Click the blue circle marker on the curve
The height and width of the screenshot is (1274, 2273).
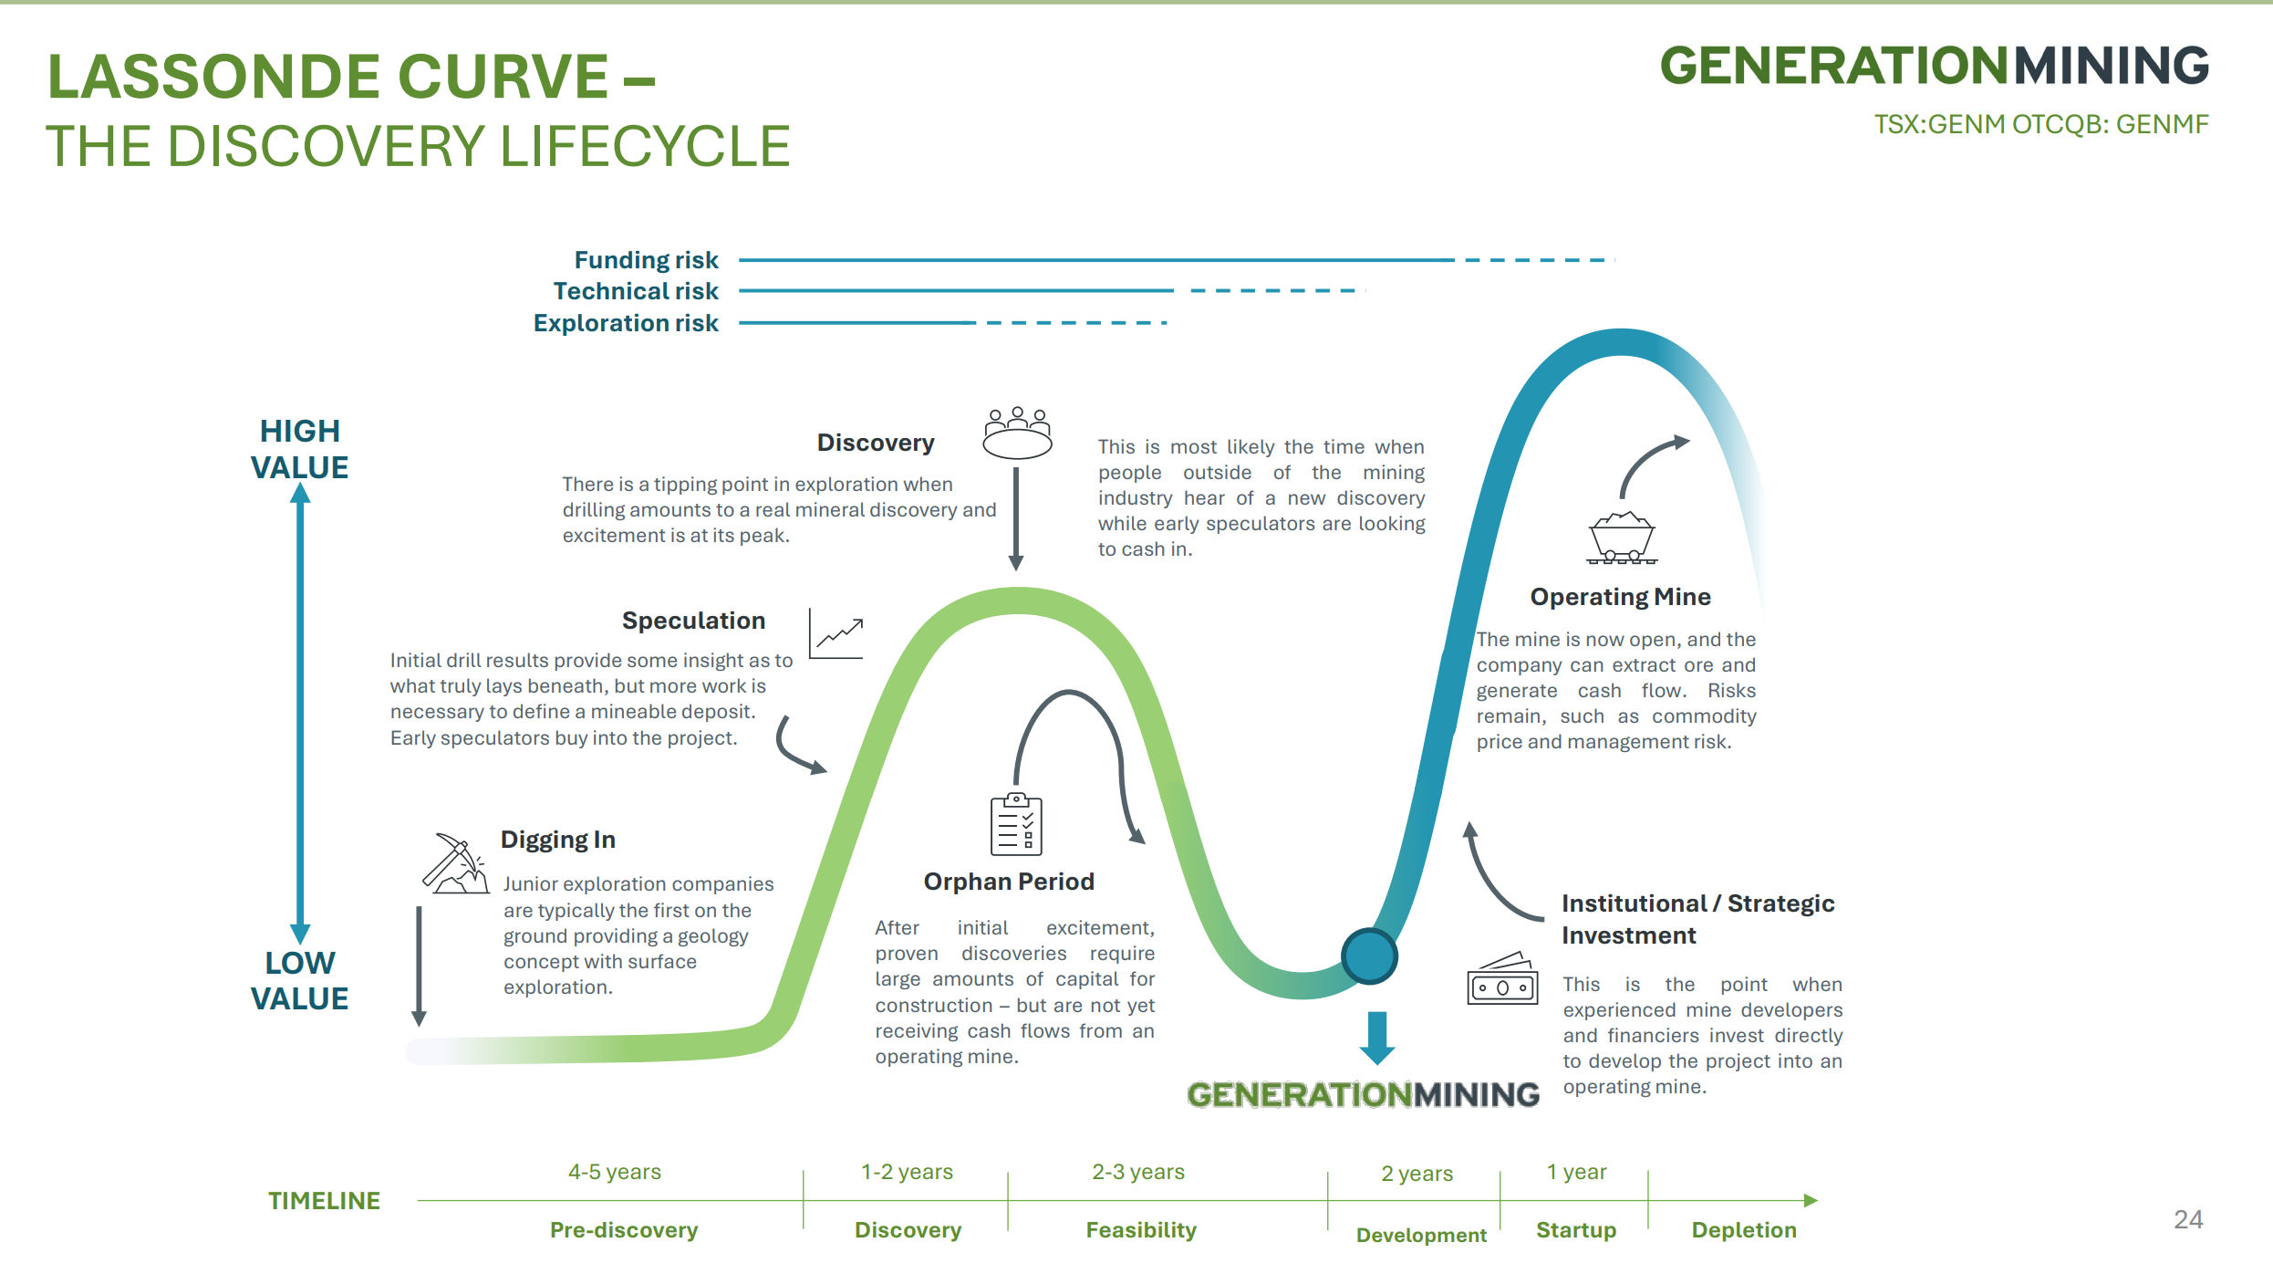[x=1369, y=956]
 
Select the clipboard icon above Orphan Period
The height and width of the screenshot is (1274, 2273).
[x=1016, y=824]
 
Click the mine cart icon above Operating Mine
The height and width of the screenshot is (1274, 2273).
[x=1622, y=538]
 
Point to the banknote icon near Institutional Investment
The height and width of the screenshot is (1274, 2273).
[x=1502, y=979]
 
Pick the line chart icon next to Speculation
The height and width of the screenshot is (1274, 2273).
[x=836, y=633]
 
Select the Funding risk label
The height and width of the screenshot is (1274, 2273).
[x=646, y=260]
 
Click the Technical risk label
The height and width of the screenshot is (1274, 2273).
[x=636, y=291]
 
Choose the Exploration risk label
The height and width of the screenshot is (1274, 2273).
[x=626, y=323]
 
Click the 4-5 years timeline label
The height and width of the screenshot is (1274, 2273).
[x=615, y=1172]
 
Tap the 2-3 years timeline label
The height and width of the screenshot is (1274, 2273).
[x=1138, y=1172]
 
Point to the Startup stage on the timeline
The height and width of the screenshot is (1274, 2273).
[x=1576, y=1230]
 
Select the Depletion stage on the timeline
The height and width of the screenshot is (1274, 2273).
[x=1744, y=1230]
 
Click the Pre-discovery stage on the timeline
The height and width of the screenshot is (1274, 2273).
[x=624, y=1230]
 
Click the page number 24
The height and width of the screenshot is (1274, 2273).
[x=2188, y=1219]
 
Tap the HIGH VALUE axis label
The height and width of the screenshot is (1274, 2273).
[x=299, y=449]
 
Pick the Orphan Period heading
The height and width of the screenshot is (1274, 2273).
[x=1009, y=882]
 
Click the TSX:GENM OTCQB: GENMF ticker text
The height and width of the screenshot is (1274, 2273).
[x=2041, y=124]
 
